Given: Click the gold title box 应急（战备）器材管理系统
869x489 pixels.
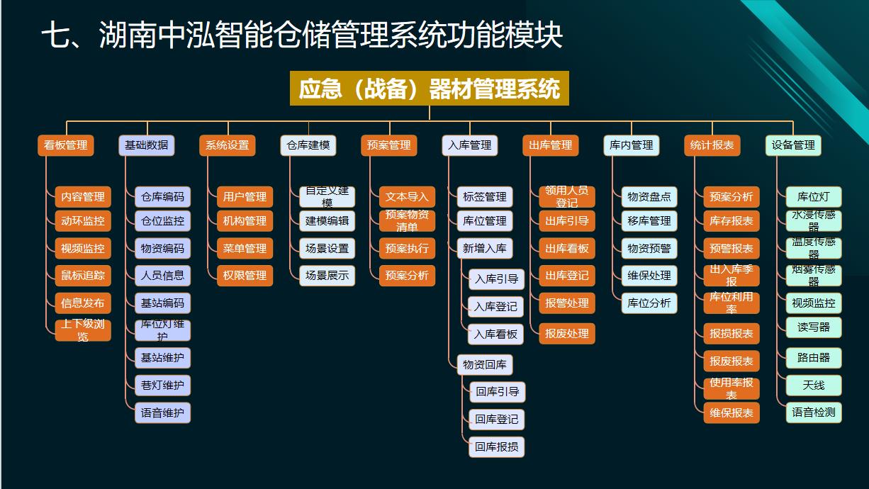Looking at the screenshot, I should point(429,89).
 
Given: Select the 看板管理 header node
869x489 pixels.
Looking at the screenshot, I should point(65,145).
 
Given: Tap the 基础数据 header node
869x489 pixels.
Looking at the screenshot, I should point(146,145).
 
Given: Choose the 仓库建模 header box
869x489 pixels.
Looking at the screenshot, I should point(308,145).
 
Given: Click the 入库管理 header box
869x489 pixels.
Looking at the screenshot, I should point(469,145).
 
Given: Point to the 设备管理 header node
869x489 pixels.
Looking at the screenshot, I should point(793,145).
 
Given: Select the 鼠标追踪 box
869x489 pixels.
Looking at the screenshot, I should point(83,276).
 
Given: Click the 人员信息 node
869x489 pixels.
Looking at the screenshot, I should point(162,276).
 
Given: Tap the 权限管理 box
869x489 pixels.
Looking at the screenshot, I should point(245,276).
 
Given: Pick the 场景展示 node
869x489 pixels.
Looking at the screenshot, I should point(327,276).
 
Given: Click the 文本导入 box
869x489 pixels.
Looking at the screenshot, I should point(407,197).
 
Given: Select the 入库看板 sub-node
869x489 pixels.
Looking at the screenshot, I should point(495,334).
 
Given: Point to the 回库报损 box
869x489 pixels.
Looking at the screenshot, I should point(496,447).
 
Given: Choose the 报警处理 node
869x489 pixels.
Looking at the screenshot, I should point(566,303).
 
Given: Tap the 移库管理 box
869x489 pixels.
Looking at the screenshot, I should point(649,221).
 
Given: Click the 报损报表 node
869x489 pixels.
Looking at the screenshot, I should point(731,334).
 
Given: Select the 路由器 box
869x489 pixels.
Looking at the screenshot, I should point(813,358).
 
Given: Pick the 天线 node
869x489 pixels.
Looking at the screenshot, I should point(813,386).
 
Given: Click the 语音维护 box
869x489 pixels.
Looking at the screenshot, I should point(162,412).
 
